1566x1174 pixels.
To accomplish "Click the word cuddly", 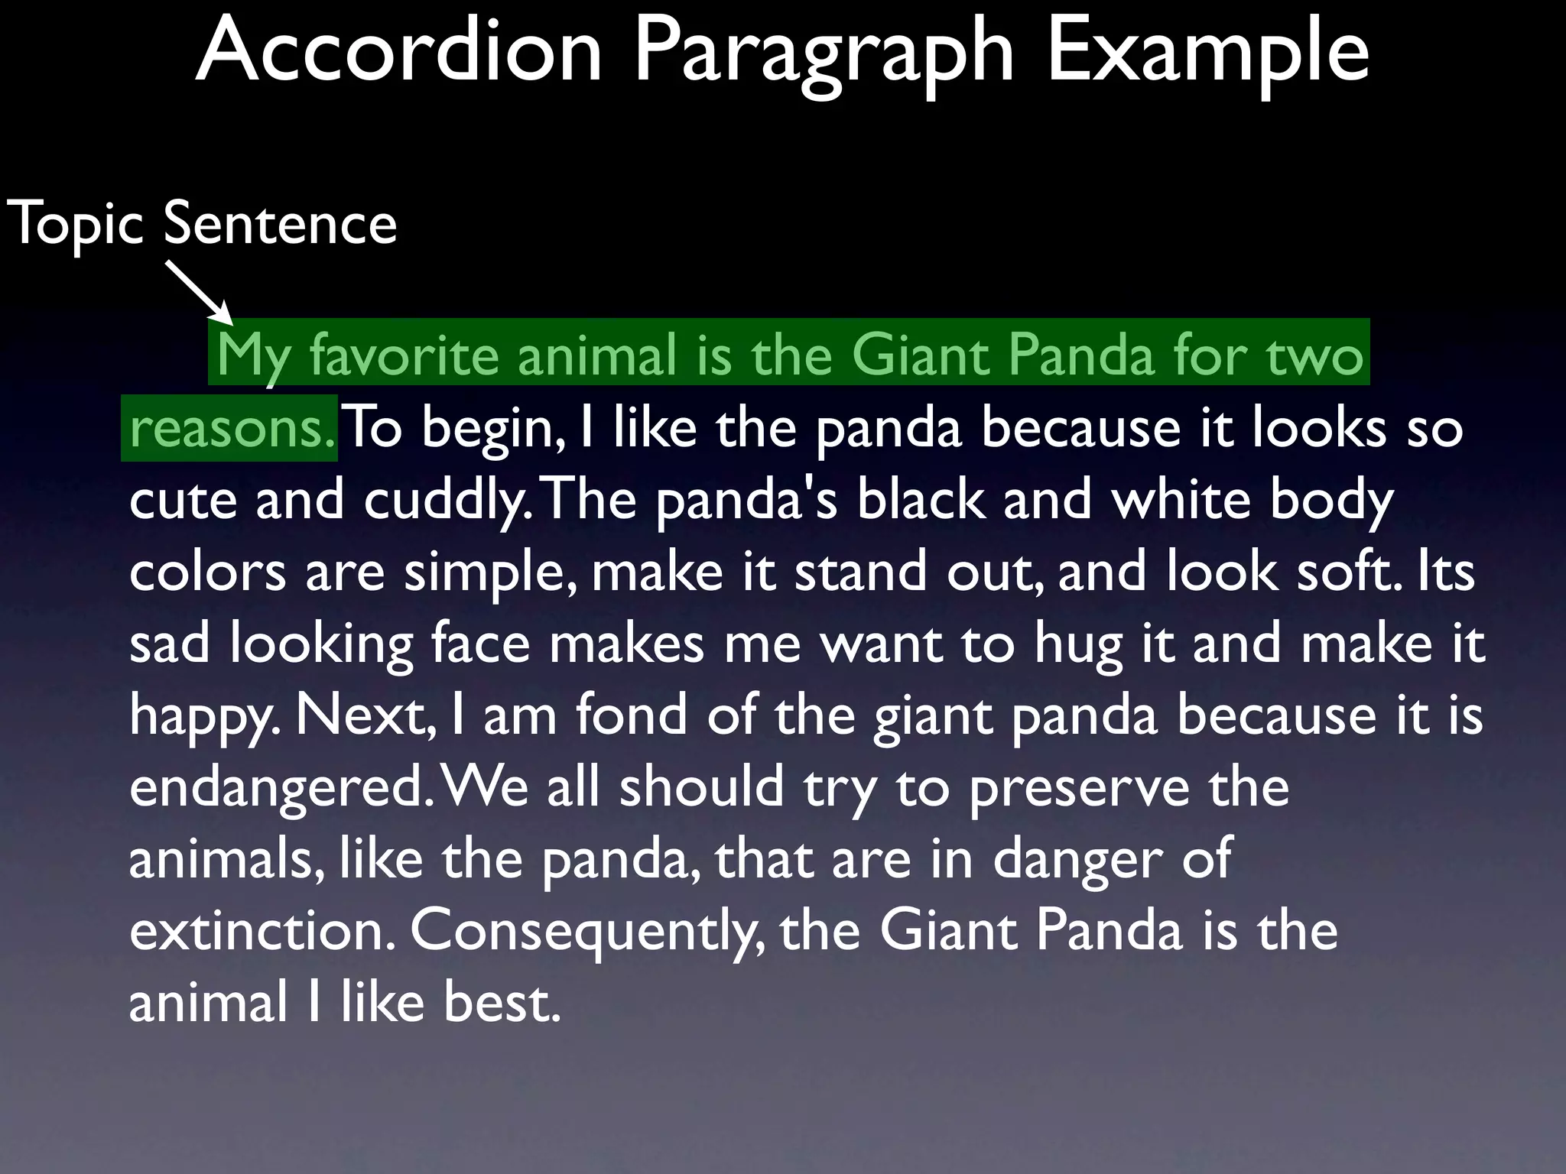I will pos(447,500).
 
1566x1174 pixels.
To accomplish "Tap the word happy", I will pos(200,715).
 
